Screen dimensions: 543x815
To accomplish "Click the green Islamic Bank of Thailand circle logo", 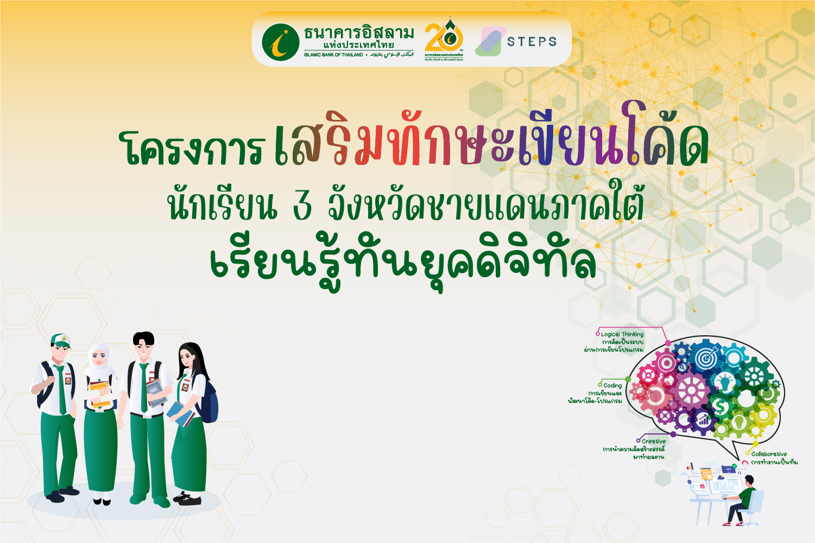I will (280, 42).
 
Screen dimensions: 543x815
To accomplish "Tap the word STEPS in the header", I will (532, 42).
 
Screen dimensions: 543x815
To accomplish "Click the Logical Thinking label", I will (622, 334).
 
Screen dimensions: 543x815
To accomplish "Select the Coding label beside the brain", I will (612, 386).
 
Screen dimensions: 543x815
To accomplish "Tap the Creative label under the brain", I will (653, 442).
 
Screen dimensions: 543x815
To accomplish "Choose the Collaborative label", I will (769, 454).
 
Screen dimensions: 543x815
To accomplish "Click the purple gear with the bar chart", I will (703, 419).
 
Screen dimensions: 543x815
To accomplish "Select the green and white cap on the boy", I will (60, 340).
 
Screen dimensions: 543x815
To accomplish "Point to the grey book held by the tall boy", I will (155, 392).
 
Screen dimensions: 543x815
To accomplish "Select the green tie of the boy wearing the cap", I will (61, 388).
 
